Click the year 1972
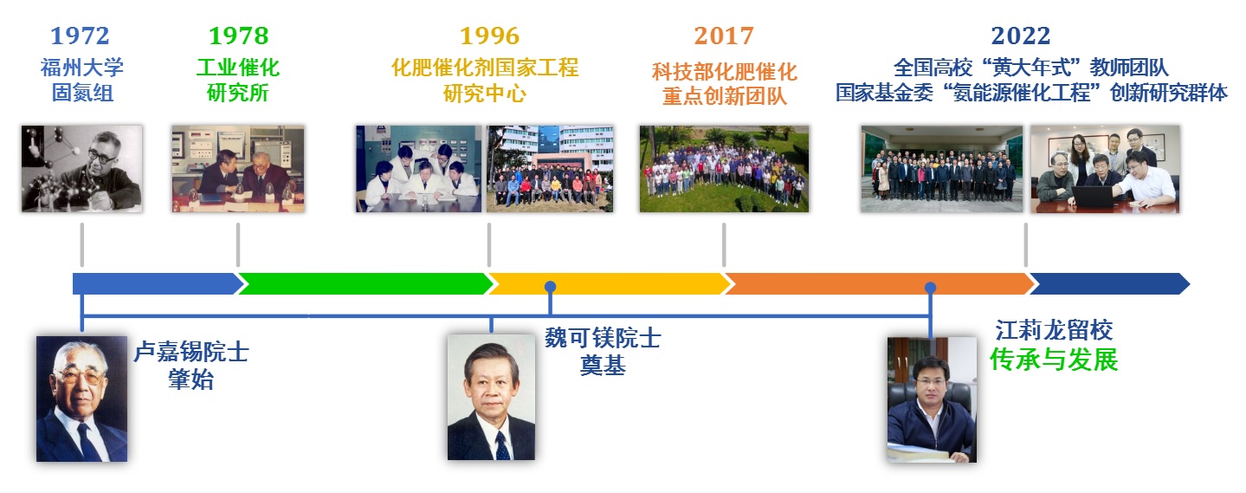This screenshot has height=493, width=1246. click(x=81, y=36)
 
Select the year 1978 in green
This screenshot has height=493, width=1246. click(x=239, y=36)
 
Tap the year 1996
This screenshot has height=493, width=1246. click(x=489, y=36)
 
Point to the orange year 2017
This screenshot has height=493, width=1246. click(x=724, y=36)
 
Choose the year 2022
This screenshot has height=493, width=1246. click(x=1021, y=36)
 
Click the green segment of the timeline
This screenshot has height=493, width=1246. click(x=365, y=284)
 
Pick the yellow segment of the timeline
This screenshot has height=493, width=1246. click(x=609, y=284)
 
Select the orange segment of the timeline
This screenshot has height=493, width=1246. click(x=879, y=284)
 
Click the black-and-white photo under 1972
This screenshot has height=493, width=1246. click(x=81, y=169)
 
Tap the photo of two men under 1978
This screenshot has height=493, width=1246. click(x=238, y=169)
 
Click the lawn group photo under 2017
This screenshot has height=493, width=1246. click(x=724, y=169)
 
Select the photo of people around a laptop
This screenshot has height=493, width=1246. click(x=1105, y=169)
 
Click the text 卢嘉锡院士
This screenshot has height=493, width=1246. click(x=190, y=352)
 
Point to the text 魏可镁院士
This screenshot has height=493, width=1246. click(x=603, y=338)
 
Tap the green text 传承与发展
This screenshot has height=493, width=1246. click(x=1054, y=360)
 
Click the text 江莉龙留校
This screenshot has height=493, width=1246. click(x=1054, y=330)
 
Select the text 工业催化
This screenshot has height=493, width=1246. click(x=238, y=68)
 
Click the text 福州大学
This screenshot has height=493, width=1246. click(x=81, y=68)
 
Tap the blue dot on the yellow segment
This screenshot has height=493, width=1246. click(x=550, y=287)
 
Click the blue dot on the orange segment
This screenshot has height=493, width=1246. click(x=930, y=288)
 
